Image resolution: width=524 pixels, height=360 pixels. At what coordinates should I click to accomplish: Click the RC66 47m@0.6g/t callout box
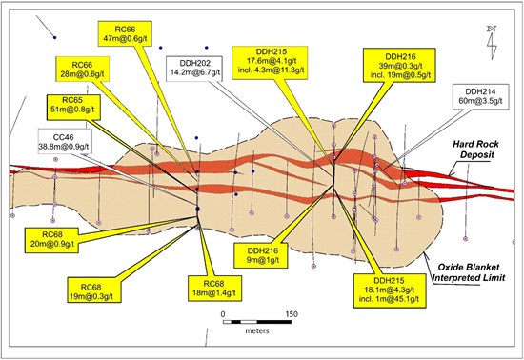pos(125,33)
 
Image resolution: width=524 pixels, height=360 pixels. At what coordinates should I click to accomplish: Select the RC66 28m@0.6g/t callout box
pos(83,69)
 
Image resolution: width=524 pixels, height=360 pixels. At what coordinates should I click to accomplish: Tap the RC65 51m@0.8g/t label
pos(73,108)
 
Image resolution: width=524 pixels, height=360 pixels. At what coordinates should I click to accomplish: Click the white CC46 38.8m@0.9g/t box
pos(65,141)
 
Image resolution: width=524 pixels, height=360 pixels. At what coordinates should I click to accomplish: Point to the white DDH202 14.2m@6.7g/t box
pos(193,70)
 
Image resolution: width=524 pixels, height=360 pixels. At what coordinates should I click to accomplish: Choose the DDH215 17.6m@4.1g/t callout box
pos(270,63)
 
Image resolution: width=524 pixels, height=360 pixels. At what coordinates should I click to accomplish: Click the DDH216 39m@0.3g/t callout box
pos(399,65)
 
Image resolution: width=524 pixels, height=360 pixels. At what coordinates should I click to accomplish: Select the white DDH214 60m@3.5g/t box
pos(481,97)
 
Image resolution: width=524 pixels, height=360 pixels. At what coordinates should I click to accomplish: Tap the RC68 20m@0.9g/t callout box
pos(51,240)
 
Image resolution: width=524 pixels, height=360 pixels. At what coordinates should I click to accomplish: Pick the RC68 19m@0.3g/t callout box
pos(94,290)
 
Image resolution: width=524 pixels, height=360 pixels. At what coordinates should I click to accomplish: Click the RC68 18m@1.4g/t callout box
pos(214,289)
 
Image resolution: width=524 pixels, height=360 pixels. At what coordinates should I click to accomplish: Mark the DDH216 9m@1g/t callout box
pos(261,255)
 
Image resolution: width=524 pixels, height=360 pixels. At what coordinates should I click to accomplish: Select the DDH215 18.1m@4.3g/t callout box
pos(391,290)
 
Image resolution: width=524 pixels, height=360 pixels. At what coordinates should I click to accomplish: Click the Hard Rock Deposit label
pos(475,150)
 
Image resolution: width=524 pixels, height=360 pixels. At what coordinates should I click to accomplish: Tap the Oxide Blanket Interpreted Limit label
pos(468,272)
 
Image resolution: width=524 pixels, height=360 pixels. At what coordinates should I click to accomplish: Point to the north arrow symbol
pos(492,43)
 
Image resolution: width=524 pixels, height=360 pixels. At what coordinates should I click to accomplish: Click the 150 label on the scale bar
pos(292,314)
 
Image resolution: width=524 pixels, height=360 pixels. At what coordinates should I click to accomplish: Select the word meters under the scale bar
pos(257,330)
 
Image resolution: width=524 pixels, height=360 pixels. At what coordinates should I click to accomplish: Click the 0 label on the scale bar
pos(223,314)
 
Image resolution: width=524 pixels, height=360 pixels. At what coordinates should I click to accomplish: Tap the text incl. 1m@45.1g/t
pos(389,299)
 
